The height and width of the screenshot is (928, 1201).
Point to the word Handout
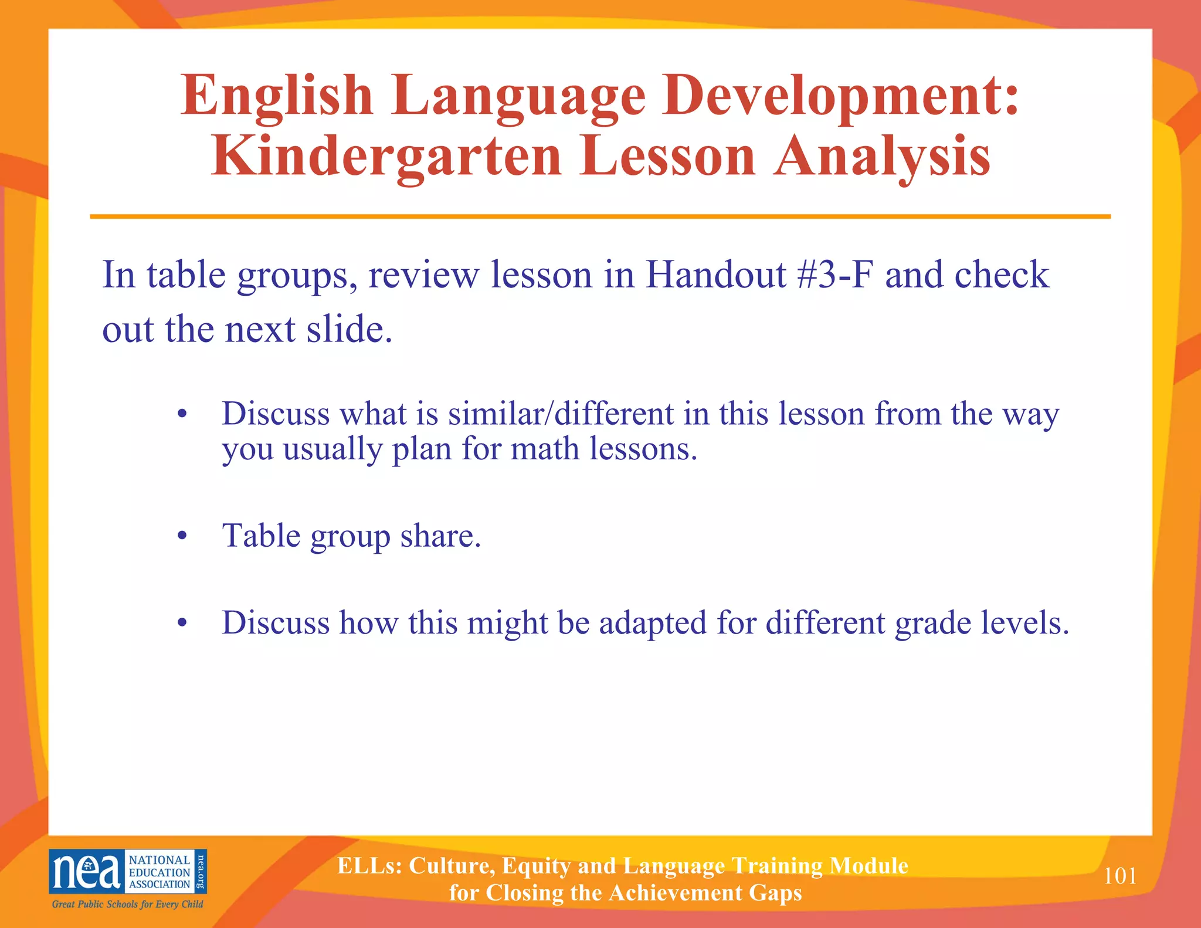click(x=715, y=275)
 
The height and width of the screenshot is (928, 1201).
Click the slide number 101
click(x=1120, y=876)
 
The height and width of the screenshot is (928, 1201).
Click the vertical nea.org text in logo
click(x=201, y=871)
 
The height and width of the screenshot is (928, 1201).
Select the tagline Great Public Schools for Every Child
click(x=127, y=904)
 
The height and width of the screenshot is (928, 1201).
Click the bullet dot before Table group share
click(x=182, y=536)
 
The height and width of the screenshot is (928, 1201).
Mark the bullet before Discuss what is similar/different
click(x=182, y=414)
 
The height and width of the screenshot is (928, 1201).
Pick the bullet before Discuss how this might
click(x=182, y=623)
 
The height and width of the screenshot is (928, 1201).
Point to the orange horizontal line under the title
click(x=600, y=216)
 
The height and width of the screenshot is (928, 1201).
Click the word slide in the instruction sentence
click(x=349, y=329)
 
